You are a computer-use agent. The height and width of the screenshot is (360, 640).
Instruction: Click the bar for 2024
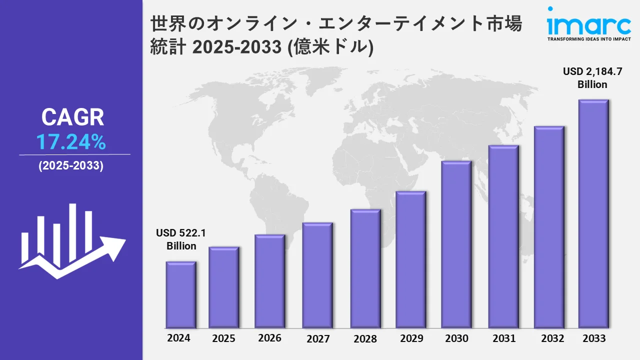click(x=181, y=294)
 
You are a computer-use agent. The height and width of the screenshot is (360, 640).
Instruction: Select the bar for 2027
click(x=317, y=275)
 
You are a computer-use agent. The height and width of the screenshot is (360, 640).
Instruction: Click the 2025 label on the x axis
click(x=223, y=338)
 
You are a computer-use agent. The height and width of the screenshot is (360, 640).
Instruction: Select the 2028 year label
click(x=365, y=338)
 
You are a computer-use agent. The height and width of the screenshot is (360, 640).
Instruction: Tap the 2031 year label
click(x=503, y=338)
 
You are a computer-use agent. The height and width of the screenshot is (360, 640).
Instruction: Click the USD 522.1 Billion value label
click(x=181, y=239)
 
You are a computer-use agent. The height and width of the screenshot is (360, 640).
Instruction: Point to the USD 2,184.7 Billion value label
click(x=592, y=78)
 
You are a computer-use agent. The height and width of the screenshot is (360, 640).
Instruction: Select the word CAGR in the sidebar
click(x=72, y=117)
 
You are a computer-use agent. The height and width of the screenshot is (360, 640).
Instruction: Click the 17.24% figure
click(x=71, y=143)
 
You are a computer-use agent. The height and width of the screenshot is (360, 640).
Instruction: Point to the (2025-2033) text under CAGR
click(x=71, y=166)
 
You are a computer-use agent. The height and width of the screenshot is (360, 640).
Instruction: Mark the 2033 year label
click(x=594, y=338)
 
